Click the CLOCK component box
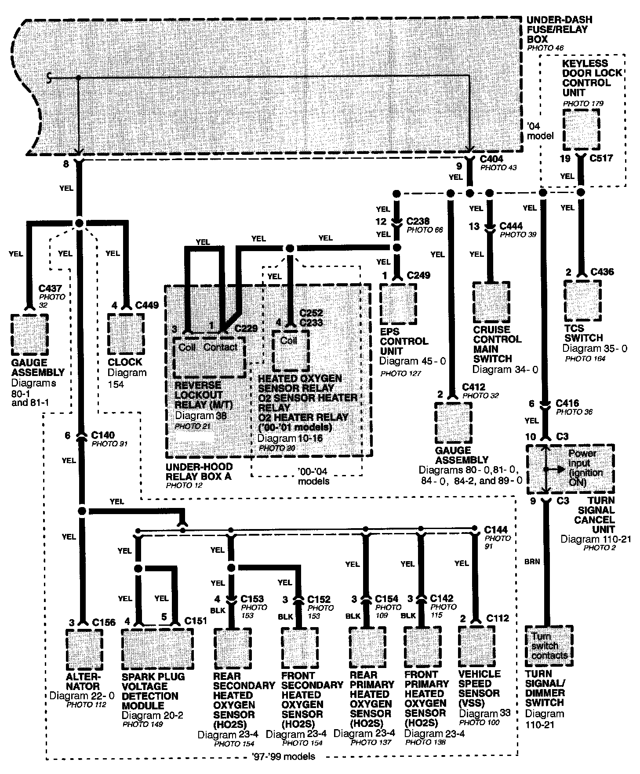click(x=126, y=333)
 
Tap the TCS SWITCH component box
click(x=582, y=301)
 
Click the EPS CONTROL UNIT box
click(x=398, y=303)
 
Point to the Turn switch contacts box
click(x=549, y=645)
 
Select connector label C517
click(x=602, y=158)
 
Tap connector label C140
click(x=103, y=435)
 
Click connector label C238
click(x=418, y=221)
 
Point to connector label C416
click(x=567, y=403)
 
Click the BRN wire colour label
click(x=532, y=562)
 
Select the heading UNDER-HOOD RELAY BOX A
click(x=199, y=471)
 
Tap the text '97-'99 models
click(x=284, y=756)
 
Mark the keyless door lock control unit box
click(x=581, y=129)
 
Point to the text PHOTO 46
click(x=545, y=48)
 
